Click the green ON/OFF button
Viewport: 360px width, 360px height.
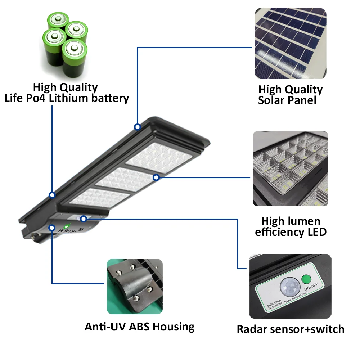[x=306, y=279]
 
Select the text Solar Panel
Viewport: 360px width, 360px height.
[x=287, y=100]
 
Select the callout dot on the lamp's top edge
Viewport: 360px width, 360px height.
[x=137, y=127]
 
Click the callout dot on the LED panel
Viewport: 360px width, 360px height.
[x=156, y=177]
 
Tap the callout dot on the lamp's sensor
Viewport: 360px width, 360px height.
[x=84, y=218]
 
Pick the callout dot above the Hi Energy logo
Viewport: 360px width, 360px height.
[x=52, y=228]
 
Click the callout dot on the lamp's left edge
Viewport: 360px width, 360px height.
[x=52, y=195]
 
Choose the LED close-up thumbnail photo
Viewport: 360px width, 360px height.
[x=290, y=168]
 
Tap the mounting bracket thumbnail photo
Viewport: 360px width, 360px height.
[x=135, y=287]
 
